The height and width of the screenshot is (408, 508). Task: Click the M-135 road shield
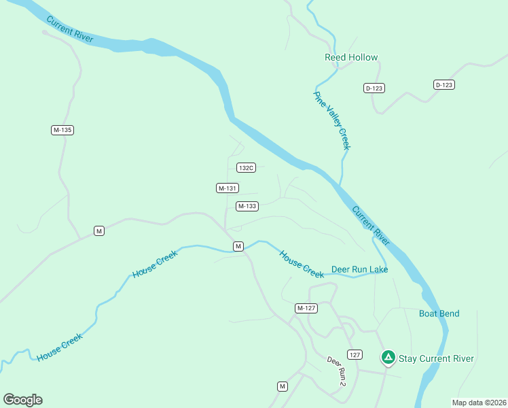pyautogui.click(x=62, y=130)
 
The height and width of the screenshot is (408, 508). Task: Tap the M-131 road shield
pyautogui.click(x=228, y=188)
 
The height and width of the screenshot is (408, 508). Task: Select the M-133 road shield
pyautogui.click(x=247, y=206)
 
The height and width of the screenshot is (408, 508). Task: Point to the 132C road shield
pyautogui.click(x=246, y=167)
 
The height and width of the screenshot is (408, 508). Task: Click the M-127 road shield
pyautogui.click(x=306, y=308)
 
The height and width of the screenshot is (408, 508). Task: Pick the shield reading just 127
pyautogui.click(x=355, y=355)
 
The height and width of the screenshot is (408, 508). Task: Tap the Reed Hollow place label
pyautogui.click(x=351, y=58)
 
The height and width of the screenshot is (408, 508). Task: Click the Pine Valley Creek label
pyautogui.click(x=331, y=120)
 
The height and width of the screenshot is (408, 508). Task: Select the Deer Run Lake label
pyautogui.click(x=359, y=269)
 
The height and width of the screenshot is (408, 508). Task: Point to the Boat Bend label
pyautogui.click(x=439, y=313)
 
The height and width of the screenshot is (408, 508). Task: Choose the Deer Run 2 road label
pyautogui.click(x=337, y=372)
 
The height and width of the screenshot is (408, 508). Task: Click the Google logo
pyautogui.click(x=22, y=399)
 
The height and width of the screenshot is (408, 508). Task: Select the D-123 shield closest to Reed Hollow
pyautogui.click(x=374, y=88)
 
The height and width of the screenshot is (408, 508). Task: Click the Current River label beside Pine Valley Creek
pyautogui.click(x=371, y=225)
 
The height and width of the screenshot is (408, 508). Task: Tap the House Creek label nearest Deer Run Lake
pyautogui.click(x=302, y=263)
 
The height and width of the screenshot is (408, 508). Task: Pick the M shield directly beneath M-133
pyautogui.click(x=238, y=246)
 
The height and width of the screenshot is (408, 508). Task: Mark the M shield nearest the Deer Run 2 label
pyautogui.click(x=283, y=386)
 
